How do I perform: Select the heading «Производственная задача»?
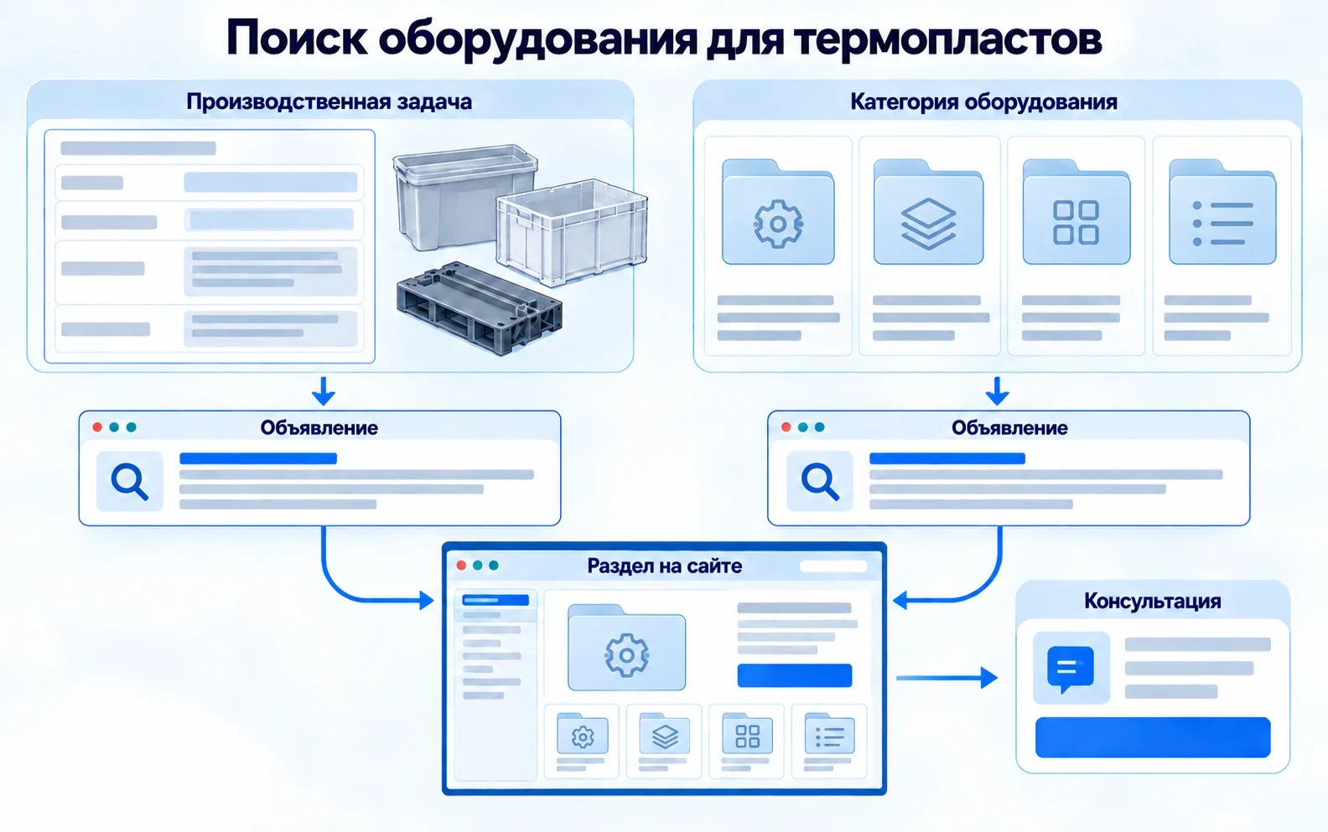[329, 102]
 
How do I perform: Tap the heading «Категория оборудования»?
[983, 102]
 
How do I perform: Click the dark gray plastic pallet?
[479, 308]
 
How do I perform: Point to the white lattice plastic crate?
[572, 231]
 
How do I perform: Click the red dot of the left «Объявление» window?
[97, 427]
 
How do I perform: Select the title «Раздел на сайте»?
[665, 566]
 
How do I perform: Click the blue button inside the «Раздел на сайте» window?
[795, 675]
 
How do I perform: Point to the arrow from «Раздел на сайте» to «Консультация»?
[947, 677]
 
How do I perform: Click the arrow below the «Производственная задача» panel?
[324, 391]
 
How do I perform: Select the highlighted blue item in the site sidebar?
[495, 600]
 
